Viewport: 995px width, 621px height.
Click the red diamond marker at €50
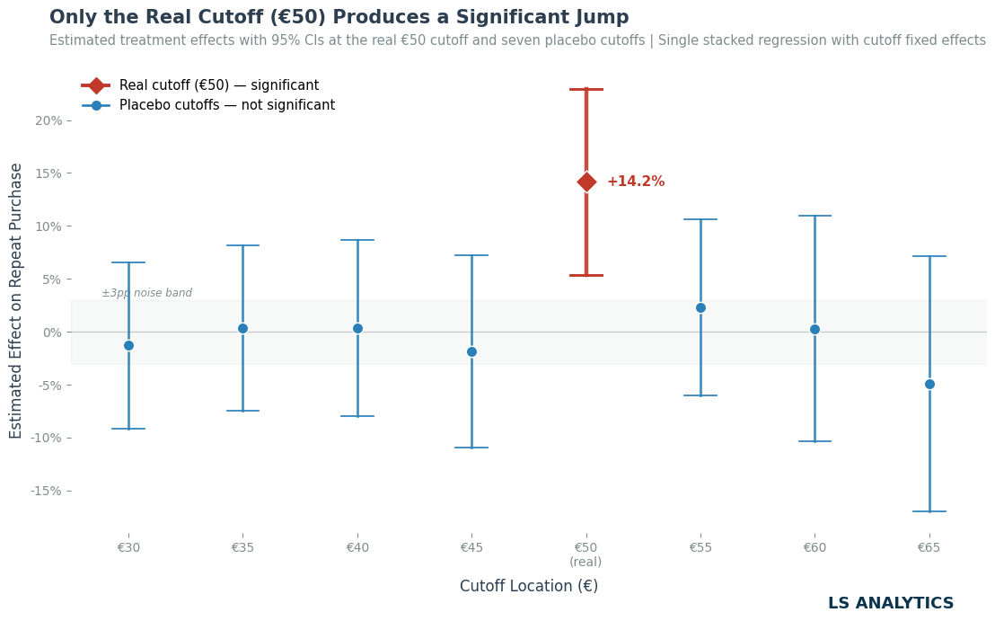(x=586, y=182)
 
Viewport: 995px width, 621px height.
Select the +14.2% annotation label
(x=636, y=182)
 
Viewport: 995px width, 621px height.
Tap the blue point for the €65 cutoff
(x=929, y=384)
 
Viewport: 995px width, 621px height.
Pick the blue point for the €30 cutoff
(x=128, y=345)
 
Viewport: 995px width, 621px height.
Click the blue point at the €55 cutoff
(x=700, y=308)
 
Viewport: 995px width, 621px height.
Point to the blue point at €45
(x=471, y=351)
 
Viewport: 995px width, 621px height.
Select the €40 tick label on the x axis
(x=357, y=547)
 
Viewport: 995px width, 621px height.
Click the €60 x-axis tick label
(x=814, y=547)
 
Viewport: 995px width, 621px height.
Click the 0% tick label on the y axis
(x=53, y=333)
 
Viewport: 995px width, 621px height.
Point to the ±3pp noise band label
(x=146, y=293)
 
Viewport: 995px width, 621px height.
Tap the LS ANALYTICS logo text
(x=890, y=603)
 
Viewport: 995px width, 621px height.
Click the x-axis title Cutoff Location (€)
(x=529, y=585)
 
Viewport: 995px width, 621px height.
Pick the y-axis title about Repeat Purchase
(x=16, y=301)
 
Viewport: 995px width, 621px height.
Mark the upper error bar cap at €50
(x=586, y=90)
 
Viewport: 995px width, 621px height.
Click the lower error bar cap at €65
(x=929, y=511)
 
